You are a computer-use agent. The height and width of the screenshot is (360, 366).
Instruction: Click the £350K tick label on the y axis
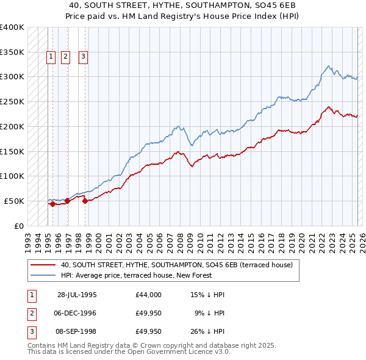pyautogui.click(x=12, y=52)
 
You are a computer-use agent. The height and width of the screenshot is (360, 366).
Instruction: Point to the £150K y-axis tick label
pyautogui.click(x=12, y=151)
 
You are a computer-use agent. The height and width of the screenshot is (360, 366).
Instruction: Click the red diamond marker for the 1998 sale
pyautogui.click(x=85, y=201)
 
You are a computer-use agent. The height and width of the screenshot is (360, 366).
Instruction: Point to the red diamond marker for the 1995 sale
pyautogui.click(x=53, y=204)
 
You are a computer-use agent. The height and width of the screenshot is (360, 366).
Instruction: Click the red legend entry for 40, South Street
pyautogui.click(x=177, y=265)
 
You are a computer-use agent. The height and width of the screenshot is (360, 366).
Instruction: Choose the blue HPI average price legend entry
pyautogui.click(x=135, y=275)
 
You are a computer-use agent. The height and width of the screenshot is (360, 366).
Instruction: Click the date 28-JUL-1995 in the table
pyautogui.click(x=77, y=295)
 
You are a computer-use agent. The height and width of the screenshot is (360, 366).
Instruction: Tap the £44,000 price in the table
pyautogui.click(x=149, y=295)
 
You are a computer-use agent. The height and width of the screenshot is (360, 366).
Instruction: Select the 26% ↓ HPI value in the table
pyautogui.click(x=207, y=332)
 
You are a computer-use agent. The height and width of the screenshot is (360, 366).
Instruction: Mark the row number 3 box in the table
pyautogui.click(x=30, y=332)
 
